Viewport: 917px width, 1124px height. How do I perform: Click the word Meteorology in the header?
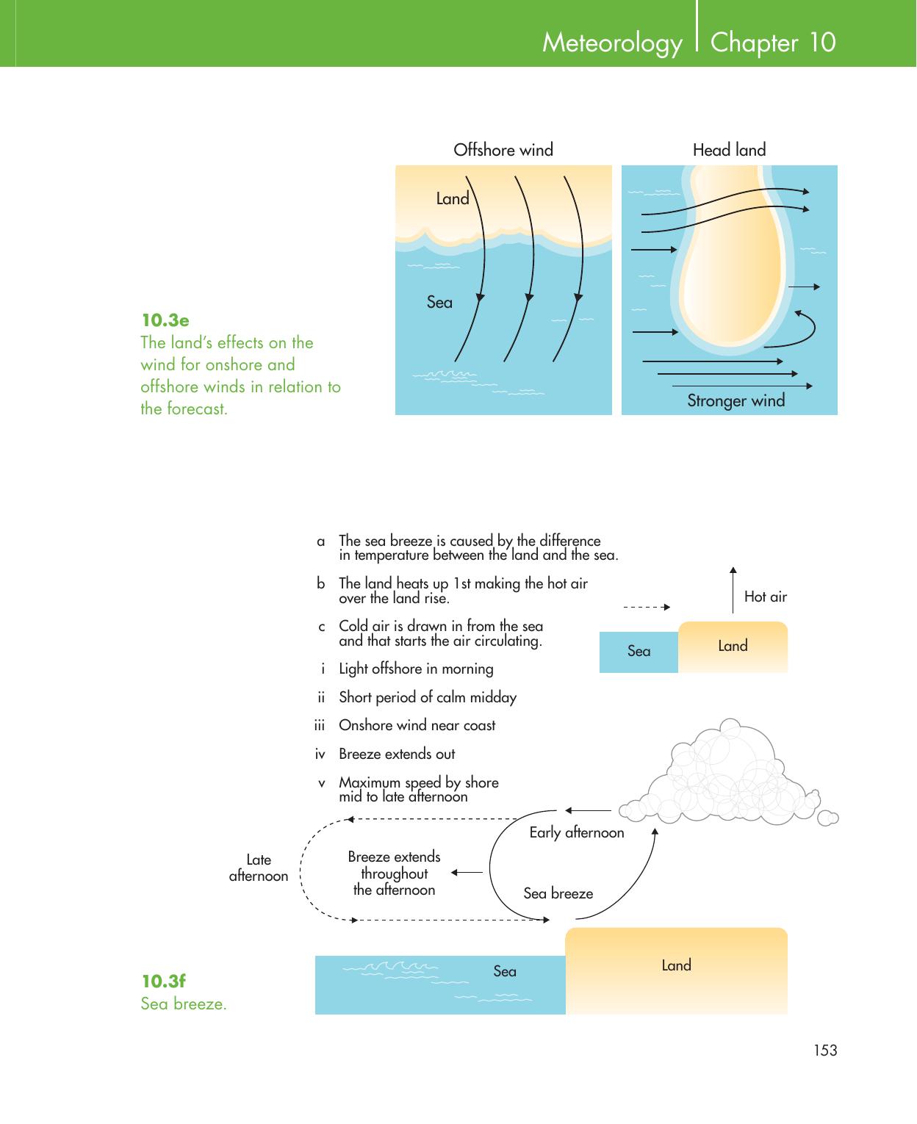coord(612,43)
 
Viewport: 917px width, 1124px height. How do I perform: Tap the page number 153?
coord(825,1051)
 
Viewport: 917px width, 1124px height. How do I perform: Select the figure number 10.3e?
coord(165,320)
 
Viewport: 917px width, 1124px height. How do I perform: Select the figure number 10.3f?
coord(164,981)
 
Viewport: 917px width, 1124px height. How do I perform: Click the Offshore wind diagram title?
coord(503,150)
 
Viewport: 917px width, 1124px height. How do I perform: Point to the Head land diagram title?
coord(729,150)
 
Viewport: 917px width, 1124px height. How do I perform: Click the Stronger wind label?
coord(736,400)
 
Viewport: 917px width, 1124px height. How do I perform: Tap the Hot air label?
coord(765,597)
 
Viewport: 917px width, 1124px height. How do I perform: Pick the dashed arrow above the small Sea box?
coord(647,607)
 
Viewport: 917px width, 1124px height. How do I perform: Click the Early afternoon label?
coord(577,832)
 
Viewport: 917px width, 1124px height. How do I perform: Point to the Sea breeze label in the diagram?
coord(558,893)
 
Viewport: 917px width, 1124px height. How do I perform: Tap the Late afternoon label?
coord(259,868)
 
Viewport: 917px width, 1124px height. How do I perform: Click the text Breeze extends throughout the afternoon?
coord(395,873)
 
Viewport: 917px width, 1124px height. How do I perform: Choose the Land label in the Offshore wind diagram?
coord(452,198)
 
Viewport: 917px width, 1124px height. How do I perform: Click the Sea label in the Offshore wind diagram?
coord(439,302)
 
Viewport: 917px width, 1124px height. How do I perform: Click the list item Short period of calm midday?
coord(427,697)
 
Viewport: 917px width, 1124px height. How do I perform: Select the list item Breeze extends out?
coord(397,754)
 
